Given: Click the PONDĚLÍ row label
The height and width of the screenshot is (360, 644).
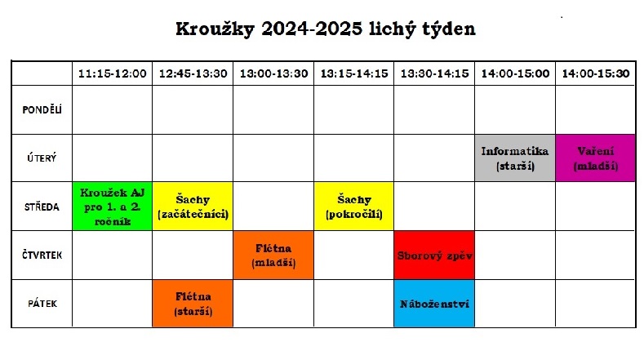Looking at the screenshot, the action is coord(42,109).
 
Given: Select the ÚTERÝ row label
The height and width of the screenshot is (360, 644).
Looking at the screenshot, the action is coord(42,158).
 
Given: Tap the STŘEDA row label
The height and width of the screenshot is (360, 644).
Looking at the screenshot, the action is coord(42,207).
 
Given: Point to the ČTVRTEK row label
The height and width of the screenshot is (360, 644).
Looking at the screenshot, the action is coord(42,256).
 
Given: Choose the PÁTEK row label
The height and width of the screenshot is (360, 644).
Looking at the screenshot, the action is coord(42,304).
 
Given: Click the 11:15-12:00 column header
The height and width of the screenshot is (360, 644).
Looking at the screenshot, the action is coord(112,73).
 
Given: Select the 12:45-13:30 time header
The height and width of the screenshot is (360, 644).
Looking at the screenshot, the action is coord(193,73).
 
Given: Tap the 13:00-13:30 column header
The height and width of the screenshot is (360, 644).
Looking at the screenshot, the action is coord(274,73).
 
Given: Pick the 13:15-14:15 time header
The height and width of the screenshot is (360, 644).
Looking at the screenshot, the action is coord(354,73).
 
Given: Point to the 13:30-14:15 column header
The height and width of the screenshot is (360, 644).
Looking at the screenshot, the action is coord(434,73).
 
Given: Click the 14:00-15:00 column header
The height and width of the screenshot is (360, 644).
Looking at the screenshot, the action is coord(516,73).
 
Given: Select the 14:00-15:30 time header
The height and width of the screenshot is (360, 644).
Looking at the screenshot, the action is coord(596,73).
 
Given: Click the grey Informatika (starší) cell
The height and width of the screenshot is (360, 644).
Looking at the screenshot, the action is coord(515,158).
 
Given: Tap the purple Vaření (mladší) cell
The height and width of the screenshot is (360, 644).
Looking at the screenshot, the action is coord(596,158).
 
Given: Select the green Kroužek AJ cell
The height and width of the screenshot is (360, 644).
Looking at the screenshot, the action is coord(112,207).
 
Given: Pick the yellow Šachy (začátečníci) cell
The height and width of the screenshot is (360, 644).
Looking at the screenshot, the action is coord(193,207).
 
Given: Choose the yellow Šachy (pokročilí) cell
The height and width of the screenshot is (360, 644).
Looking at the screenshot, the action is coord(354,207).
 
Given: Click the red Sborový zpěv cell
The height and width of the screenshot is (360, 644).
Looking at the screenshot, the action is coord(434,256).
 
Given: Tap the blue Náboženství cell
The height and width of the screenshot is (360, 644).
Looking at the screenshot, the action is coord(434,304).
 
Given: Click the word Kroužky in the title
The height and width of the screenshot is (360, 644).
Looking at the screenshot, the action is coord(215,29).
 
